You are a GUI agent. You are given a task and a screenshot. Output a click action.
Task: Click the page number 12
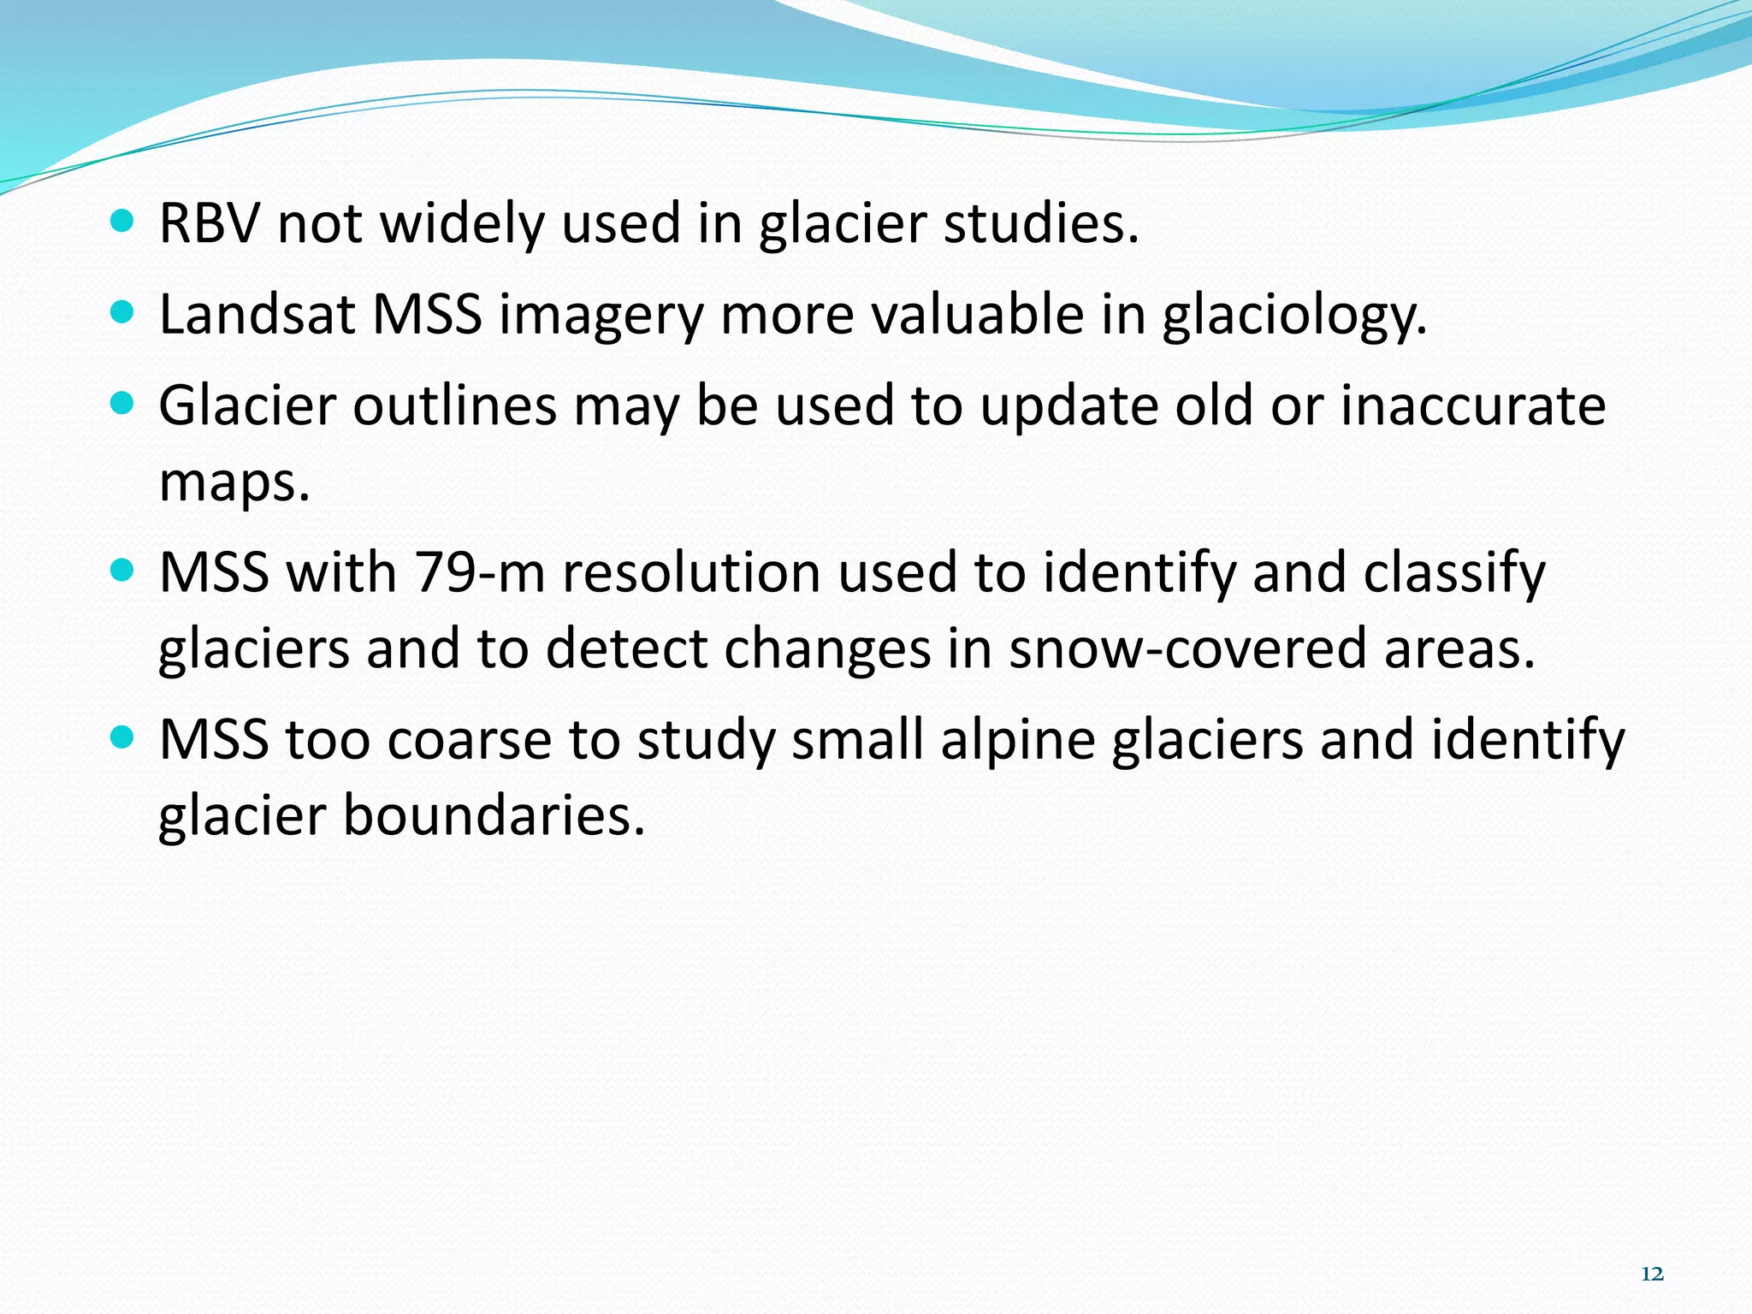pos(1652,1274)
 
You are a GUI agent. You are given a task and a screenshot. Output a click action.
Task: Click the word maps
pos(234,482)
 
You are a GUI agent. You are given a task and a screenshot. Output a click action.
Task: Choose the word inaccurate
pos(1473,405)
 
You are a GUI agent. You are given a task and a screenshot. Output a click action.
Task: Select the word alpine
pos(1018,739)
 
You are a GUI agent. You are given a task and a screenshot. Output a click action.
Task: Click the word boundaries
pos(494,814)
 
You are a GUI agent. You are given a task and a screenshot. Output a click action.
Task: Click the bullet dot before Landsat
pos(123,313)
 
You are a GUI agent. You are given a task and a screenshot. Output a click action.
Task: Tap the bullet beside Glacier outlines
pos(123,404)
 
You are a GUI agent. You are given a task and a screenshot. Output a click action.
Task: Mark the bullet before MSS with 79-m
pos(123,571)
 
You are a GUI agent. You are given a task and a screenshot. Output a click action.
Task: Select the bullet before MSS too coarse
pos(123,737)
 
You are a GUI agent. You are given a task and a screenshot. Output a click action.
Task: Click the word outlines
pos(455,405)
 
